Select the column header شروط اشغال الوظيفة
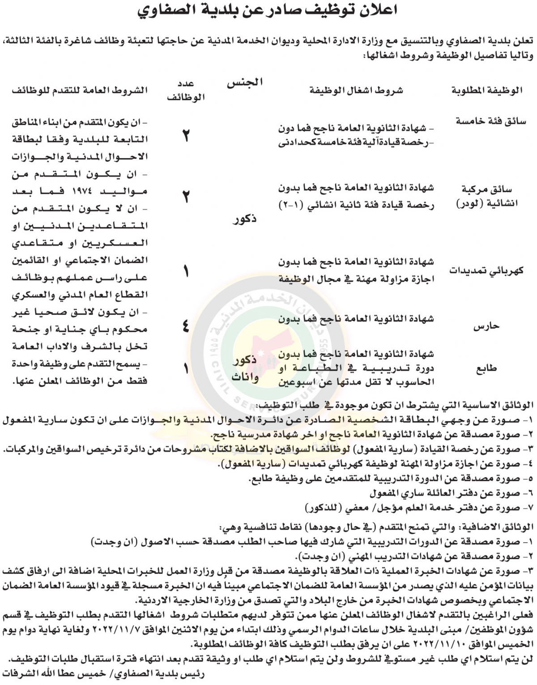(356, 90)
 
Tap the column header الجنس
(245, 83)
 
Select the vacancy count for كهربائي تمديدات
(186, 271)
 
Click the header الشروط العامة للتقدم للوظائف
(80, 90)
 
